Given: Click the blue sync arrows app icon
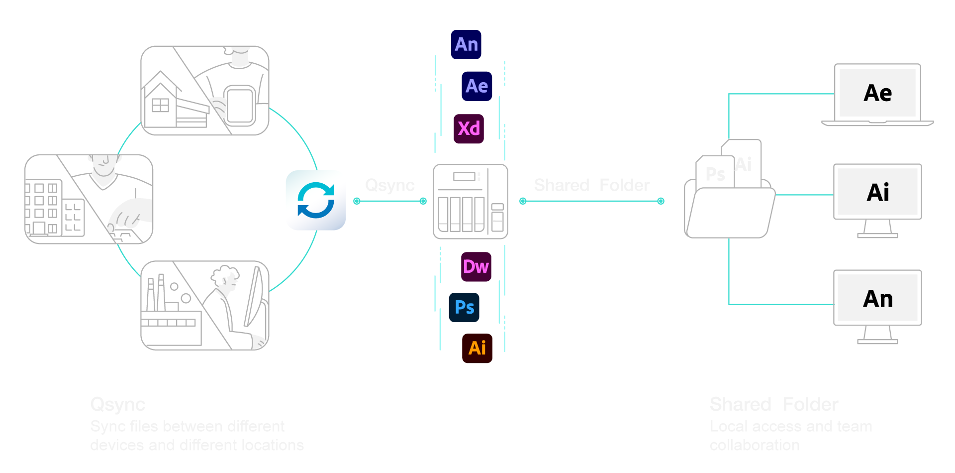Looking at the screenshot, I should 315,200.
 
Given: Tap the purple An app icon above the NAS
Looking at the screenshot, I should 466,45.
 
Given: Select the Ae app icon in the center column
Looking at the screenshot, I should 477,86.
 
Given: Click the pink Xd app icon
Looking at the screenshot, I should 469,128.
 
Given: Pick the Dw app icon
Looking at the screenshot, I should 476,267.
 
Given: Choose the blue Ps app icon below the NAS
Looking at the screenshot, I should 464,307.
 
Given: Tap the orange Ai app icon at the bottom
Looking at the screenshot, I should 477,348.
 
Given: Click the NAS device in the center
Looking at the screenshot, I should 470,201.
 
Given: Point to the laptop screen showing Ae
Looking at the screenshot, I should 877,93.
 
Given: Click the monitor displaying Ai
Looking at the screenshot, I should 877,192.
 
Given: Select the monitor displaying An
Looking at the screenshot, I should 877,299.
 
